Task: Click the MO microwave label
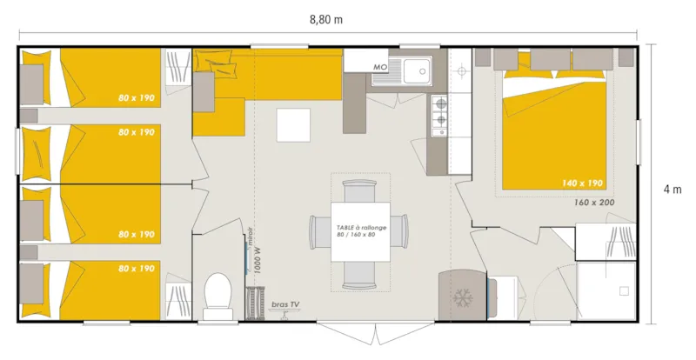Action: coord(379,67)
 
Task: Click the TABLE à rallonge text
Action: coord(360,226)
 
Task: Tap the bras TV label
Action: coord(284,304)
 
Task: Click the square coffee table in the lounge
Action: coord(294,124)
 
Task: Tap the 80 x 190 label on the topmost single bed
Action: coord(136,98)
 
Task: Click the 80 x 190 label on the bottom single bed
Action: coord(136,269)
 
